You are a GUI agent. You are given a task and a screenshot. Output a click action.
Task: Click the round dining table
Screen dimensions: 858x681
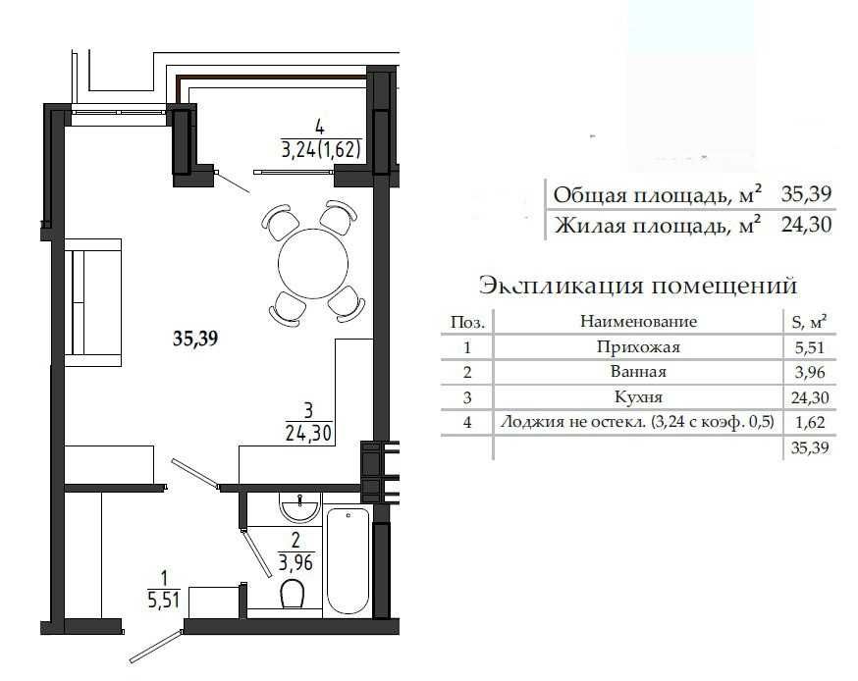(x=313, y=264)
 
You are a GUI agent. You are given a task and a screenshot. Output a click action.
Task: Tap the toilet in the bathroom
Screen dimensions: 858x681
(x=293, y=593)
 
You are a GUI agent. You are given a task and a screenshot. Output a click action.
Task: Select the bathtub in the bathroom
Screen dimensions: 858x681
(x=349, y=560)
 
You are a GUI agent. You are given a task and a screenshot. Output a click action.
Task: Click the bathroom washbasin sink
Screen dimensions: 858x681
(x=299, y=506)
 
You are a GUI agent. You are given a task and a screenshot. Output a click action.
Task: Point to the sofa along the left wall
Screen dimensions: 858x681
(x=93, y=302)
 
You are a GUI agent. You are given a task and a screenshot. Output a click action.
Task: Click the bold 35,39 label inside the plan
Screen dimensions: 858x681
(x=195, y=339)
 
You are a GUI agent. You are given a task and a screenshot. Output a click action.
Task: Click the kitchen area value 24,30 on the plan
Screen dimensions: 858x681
(x=308, y=433)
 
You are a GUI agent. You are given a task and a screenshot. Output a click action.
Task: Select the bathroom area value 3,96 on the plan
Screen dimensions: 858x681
(x=295, y=562)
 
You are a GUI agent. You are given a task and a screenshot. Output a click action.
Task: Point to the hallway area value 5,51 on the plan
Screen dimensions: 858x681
(x=164, y=601)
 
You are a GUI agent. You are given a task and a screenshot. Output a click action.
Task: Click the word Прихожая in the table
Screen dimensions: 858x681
(x=638, y=346)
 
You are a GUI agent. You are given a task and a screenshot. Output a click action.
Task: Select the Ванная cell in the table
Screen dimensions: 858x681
(x=638, y=372)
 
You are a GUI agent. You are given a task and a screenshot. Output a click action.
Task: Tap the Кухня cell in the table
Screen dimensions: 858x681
(x=638, y=397)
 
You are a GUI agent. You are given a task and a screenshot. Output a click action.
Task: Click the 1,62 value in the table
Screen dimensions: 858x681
(x=810, y=422)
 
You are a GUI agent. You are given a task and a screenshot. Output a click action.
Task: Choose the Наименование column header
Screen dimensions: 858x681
(x=638, y=321)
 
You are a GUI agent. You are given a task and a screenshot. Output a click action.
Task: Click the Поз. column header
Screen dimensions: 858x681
(x=467, y=322)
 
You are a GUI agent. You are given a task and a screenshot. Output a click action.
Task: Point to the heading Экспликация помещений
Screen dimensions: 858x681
(x=638, y=285)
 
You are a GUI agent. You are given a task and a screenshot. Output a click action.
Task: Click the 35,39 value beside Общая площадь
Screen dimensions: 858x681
(x=806, y=193)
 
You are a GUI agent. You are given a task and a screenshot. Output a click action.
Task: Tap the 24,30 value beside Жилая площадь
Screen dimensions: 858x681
(x=806, y=225)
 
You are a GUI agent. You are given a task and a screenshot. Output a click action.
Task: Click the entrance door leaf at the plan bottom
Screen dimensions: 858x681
(x=155, y=647)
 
